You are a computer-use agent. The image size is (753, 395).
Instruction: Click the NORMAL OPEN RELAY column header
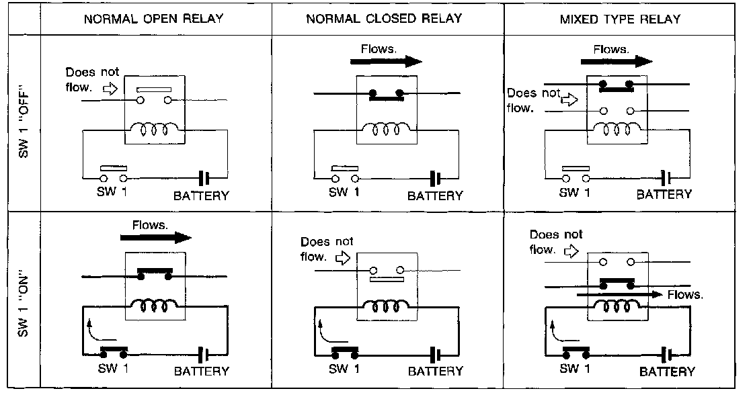tap(154, 19)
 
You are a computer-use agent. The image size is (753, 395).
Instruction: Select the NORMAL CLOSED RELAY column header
tap(384, 19)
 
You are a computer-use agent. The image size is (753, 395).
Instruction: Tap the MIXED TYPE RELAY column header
tap(620, 19)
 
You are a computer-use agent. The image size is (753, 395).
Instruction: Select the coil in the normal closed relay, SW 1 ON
tap(387, 306)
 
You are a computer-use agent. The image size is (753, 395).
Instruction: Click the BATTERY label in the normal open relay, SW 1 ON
tap(201, 371)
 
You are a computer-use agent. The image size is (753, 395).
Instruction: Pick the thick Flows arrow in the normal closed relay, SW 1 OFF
tap(386, 61)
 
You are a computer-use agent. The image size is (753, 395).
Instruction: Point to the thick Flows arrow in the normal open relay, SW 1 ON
tap(155, 237)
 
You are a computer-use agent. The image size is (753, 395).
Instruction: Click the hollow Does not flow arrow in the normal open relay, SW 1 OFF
tap(110, 88)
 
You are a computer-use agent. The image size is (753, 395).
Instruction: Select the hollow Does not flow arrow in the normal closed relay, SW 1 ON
tap(343, 259)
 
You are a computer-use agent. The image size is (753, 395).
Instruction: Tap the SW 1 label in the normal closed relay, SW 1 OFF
tap(344, 192)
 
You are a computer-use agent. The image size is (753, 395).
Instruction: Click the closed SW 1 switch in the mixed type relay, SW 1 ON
tap(576, 352)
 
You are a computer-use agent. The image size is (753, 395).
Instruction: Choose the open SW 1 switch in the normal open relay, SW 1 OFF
tap(114, 175)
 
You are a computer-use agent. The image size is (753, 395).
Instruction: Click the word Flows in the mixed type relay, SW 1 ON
tap(685, 295)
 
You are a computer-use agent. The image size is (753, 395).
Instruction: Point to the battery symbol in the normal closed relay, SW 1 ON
tap(435, 355)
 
